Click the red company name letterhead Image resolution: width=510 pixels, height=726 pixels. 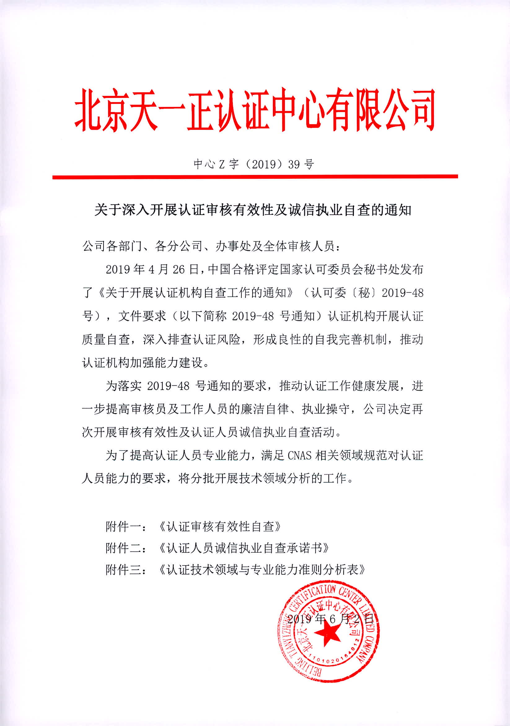tap(255, 110)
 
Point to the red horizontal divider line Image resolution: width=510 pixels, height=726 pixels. tap(255, 177)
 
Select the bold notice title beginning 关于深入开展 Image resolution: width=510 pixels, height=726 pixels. tap(253, 210)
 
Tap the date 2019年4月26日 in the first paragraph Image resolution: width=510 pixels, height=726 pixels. tap(152, 269)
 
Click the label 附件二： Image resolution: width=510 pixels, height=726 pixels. tap(126, 548)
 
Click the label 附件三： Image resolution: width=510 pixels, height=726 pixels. tap(126, 570)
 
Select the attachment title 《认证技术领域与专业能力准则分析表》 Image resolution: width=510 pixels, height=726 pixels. tap(262, 570)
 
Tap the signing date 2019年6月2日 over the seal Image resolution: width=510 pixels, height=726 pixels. tap(330, 619)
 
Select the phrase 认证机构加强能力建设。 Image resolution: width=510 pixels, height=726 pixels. tap(146, 363)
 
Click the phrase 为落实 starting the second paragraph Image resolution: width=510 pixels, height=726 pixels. tap(124, 386)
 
